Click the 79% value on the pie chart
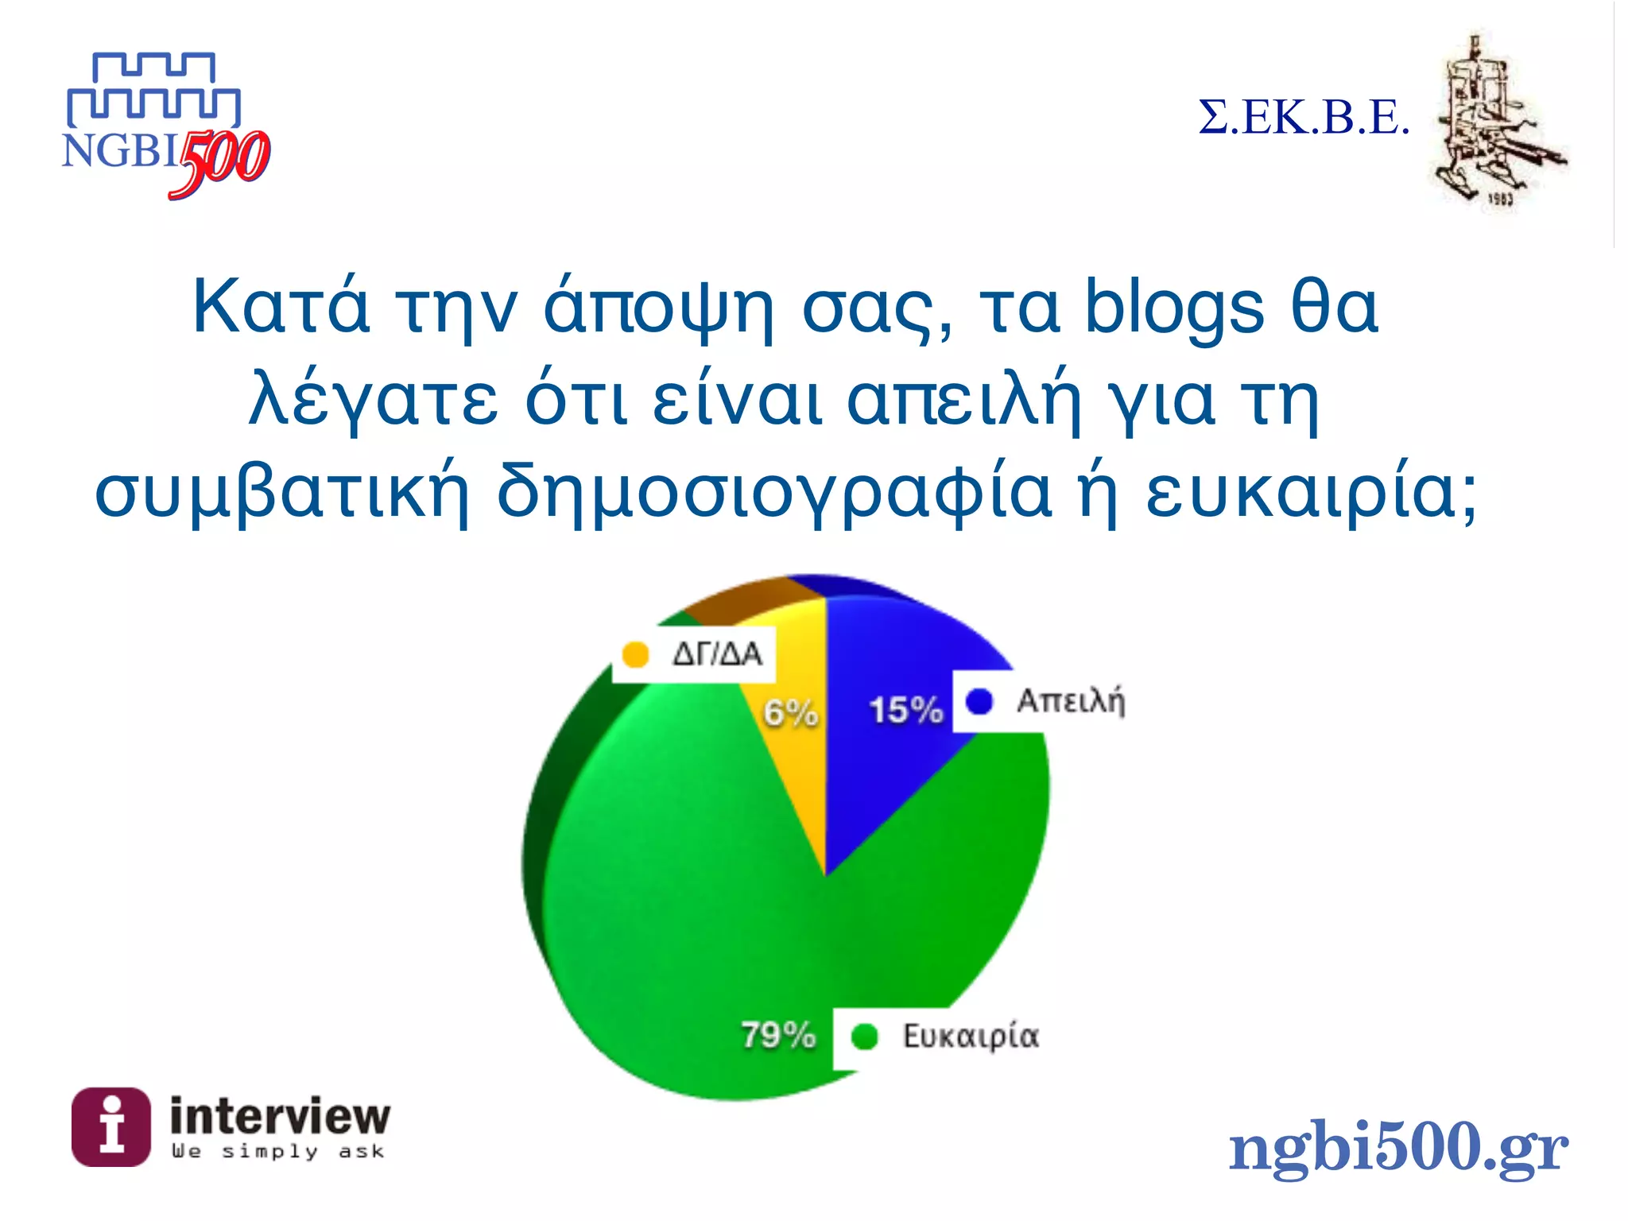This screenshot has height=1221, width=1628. coord(778,1035)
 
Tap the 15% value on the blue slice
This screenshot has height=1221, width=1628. coord(905,710)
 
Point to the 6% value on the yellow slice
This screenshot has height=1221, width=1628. coord(790,712)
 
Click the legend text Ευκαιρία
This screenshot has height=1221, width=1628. coord(971,1037)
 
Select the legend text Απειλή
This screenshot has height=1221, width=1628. coord(1071,701)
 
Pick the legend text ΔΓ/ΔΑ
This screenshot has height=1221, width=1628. coord(717,654)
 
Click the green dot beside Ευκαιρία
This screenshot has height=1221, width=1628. coord(864,1037)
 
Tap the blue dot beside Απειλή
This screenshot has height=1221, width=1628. coord(979,701)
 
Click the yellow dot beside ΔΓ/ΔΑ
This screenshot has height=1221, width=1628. coord(635,655)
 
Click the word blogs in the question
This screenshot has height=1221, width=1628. coord(1174,308)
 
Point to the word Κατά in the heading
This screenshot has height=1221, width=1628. coord(281,307)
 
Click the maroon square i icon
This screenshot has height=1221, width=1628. coord(111,1127)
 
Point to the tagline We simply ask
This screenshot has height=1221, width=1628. coord(278,1151)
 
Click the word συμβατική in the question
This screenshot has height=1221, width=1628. coord(282,492)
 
